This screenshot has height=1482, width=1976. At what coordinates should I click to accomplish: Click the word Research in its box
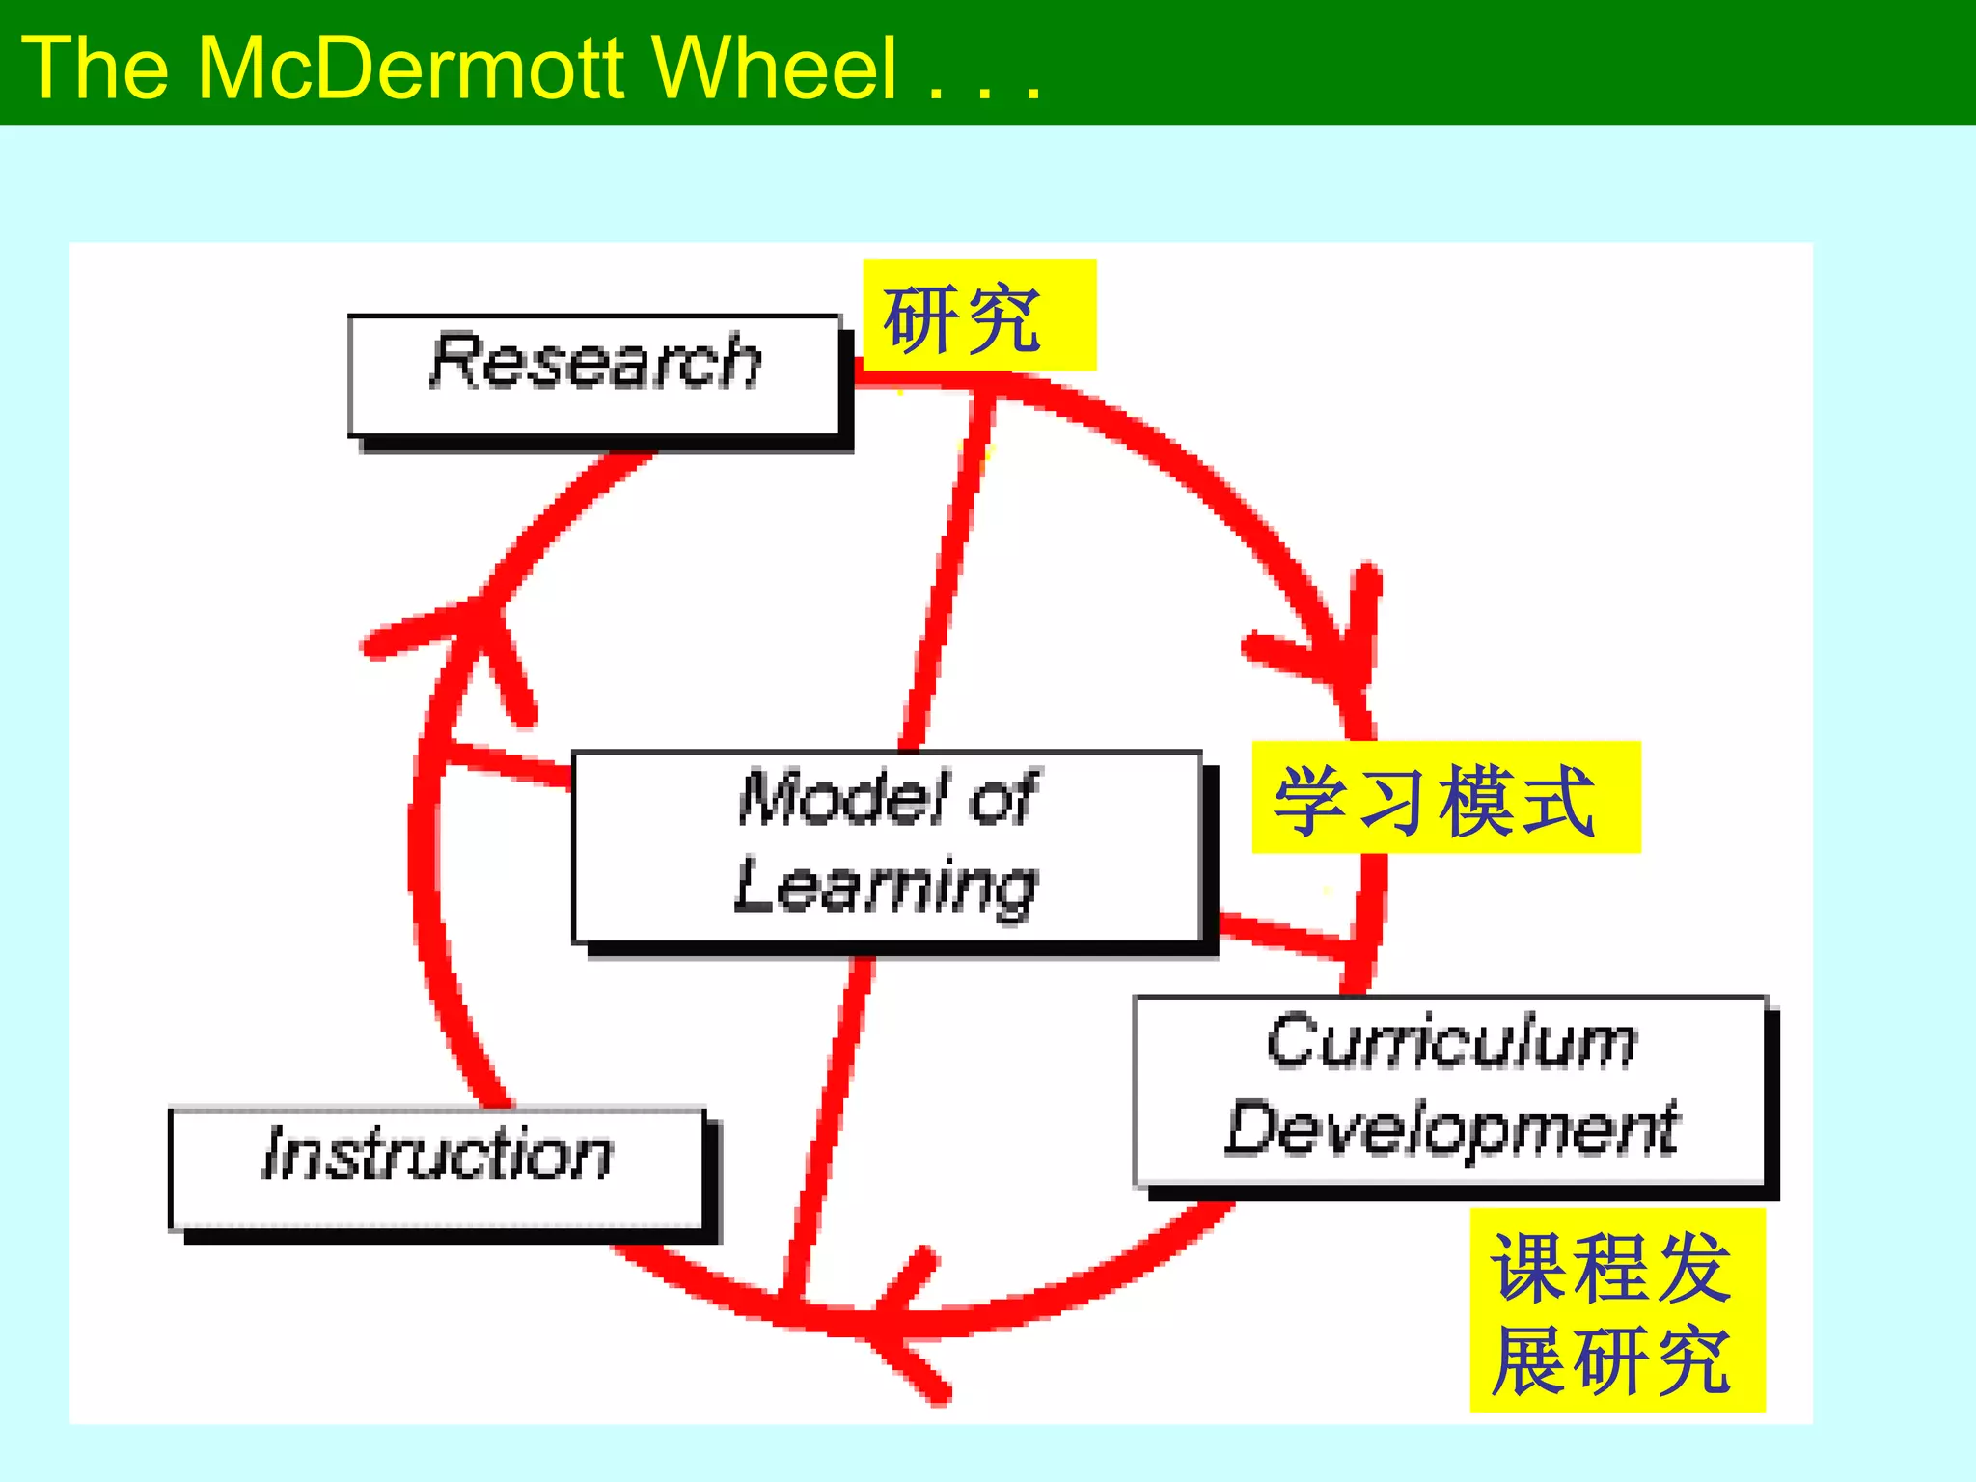click(595, 362)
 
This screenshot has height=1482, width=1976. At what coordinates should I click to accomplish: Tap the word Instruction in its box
click(437, 1154)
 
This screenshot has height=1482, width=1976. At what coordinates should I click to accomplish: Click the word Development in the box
click(1451, 1129)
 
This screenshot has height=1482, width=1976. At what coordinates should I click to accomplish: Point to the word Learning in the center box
click(886, 886)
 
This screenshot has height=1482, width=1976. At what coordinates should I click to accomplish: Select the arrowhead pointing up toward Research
click(473, 627)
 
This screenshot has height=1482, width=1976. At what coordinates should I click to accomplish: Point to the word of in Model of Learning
click(1003, 799)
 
